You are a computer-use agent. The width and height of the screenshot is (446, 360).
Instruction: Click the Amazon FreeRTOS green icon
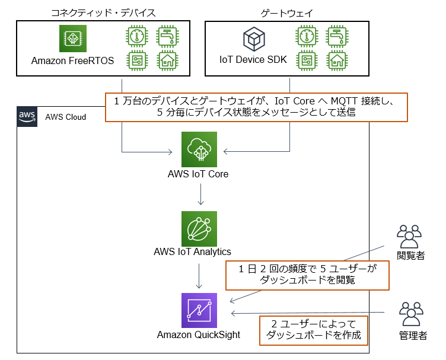[x=73, y=39]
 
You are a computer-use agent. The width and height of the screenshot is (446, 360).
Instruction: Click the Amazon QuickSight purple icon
[x=199, y=310]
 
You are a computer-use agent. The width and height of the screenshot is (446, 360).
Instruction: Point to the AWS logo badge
[x=27, y=116]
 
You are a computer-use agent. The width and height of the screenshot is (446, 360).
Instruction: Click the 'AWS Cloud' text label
[x=65, y=117]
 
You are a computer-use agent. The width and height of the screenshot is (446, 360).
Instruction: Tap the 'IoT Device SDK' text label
[x=253, y=61]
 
